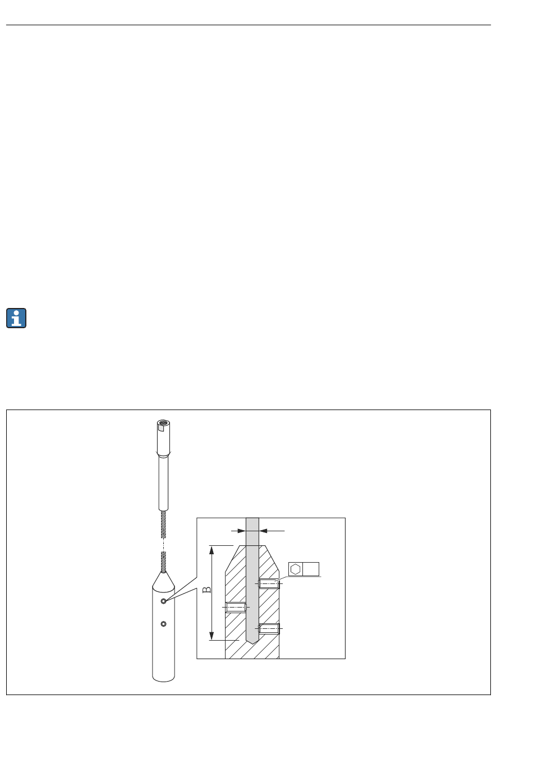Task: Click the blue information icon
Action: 16,318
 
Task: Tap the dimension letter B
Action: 207,590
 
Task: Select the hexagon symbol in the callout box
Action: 295,569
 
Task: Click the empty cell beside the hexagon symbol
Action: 310,569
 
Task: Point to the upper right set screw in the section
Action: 269,583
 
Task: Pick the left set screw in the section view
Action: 236,607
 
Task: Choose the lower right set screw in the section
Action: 269,628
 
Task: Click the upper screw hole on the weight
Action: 163,601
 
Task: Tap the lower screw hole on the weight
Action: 163,624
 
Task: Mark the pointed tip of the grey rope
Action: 252,643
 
